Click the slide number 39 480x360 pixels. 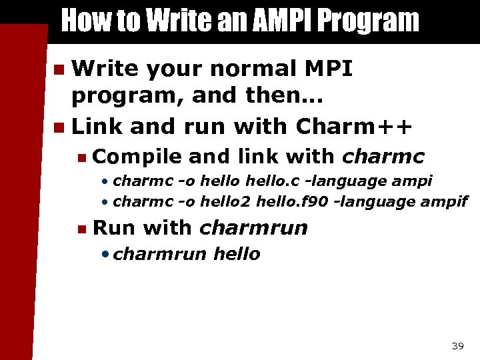coord(457,345)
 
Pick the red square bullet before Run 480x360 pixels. coord(81,229)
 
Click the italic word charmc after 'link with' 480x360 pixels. coord(383,157)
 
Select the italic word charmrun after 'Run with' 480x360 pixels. coord(253,228)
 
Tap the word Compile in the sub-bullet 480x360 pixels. coord(137,157)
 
